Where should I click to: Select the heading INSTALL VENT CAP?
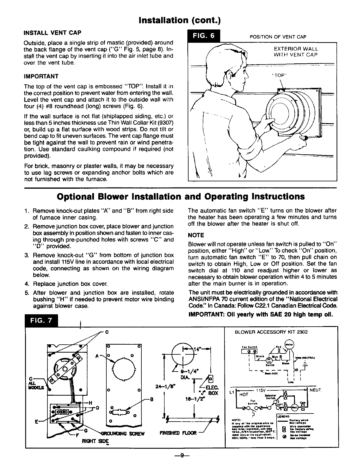[x=52, y=32]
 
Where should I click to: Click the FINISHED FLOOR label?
[x=179, y=434]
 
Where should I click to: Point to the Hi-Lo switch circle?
[x=269, y=360]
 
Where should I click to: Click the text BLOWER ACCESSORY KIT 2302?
[x=271, y=332]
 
